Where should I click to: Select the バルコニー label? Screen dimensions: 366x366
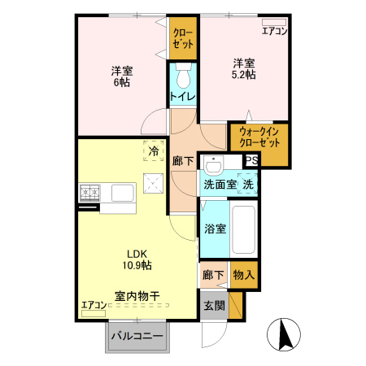point(137,336)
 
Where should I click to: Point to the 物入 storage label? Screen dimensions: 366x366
point(243,275)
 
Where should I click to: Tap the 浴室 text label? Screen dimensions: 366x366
point(215,228)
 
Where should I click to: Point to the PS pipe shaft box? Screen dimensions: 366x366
point(251,160)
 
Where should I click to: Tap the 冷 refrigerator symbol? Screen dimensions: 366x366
point(152,150)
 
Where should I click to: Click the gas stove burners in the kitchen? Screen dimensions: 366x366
point(89,193)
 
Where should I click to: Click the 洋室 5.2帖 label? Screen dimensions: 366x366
point(245,69)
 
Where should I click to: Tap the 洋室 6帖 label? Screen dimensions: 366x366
point(123,76)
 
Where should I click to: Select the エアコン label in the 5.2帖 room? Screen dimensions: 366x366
point(274,32)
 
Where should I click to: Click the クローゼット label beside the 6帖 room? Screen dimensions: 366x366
point(183,38)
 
